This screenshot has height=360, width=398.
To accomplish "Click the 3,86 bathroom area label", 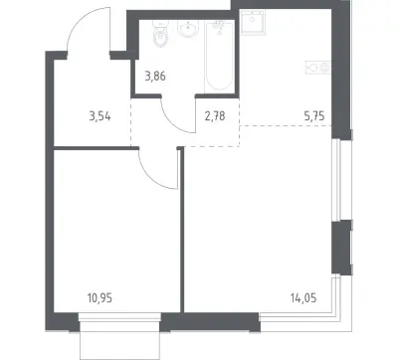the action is coord(155,77).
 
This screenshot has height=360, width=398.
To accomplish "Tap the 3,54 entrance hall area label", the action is coord(99,116).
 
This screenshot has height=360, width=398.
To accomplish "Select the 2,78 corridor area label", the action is coord(215,116).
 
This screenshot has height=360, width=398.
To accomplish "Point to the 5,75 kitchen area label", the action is coord(314,116).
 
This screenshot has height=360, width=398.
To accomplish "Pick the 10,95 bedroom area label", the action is coord(99,298).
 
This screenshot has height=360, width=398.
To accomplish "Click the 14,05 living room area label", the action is coord(303,298).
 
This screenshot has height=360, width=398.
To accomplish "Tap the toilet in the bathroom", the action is coord(161,34).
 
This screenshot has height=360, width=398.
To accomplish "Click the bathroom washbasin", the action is coord(188,29).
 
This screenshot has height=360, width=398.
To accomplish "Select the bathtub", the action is coord(219,57).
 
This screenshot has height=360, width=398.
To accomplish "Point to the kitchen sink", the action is coord(253,22).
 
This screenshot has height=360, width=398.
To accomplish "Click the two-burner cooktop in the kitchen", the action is coord(318,68).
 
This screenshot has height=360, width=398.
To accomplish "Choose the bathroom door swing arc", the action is coord(173,121).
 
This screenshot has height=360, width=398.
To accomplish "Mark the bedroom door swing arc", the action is coord(151,176).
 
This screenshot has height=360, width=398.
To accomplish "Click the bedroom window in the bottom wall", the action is coord(119,317).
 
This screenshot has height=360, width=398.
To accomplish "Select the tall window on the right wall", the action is coord(336,180).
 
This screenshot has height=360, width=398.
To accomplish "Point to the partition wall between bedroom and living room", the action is coord(181,230).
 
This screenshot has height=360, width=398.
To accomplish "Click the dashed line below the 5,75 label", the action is coord(286,125).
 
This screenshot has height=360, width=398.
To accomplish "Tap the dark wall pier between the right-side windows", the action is coord(341,248).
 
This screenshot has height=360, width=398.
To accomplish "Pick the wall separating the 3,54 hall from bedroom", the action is coord(97,148).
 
